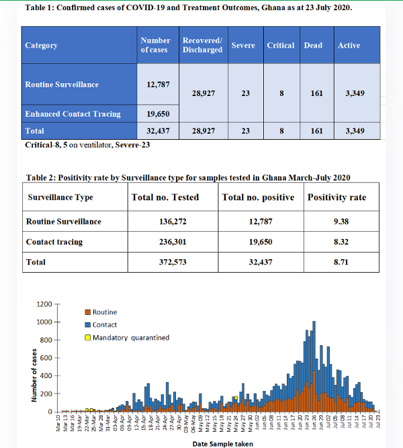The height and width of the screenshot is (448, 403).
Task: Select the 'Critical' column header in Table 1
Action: pos(280,46)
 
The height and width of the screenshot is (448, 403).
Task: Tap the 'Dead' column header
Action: pos(313,46)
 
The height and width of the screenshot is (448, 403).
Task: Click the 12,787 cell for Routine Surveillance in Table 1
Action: pos(156,85)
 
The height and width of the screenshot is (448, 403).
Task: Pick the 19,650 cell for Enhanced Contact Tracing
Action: pos(156,114)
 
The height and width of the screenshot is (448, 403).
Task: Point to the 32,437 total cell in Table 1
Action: pos(156,131)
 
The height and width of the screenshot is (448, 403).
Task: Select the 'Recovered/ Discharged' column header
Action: pos(203,46)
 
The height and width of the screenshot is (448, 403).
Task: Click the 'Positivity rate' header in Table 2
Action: pos(337,197)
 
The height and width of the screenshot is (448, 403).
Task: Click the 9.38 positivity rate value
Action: pos(337,222)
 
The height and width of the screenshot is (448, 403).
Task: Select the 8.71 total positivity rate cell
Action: pos(337,262)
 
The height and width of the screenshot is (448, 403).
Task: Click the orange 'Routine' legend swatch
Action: pos(87,312)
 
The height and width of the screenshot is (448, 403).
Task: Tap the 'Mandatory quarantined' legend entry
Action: pos(130,337)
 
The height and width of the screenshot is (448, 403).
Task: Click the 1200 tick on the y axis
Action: pos(44,304)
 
